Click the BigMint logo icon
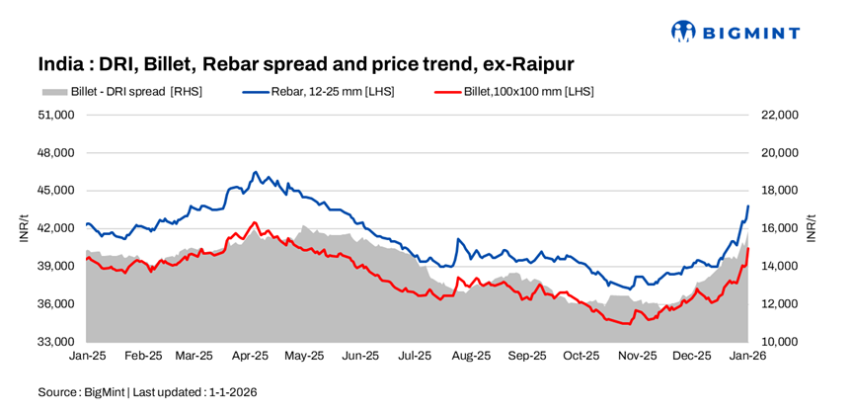click(683, 32)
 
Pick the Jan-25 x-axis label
click(87, 355)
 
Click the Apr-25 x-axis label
click(251, 355)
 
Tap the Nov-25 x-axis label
click(637, 355)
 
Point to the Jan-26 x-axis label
click(746, 355)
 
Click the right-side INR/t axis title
click(812, 228)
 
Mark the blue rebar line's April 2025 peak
click(255, 172)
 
